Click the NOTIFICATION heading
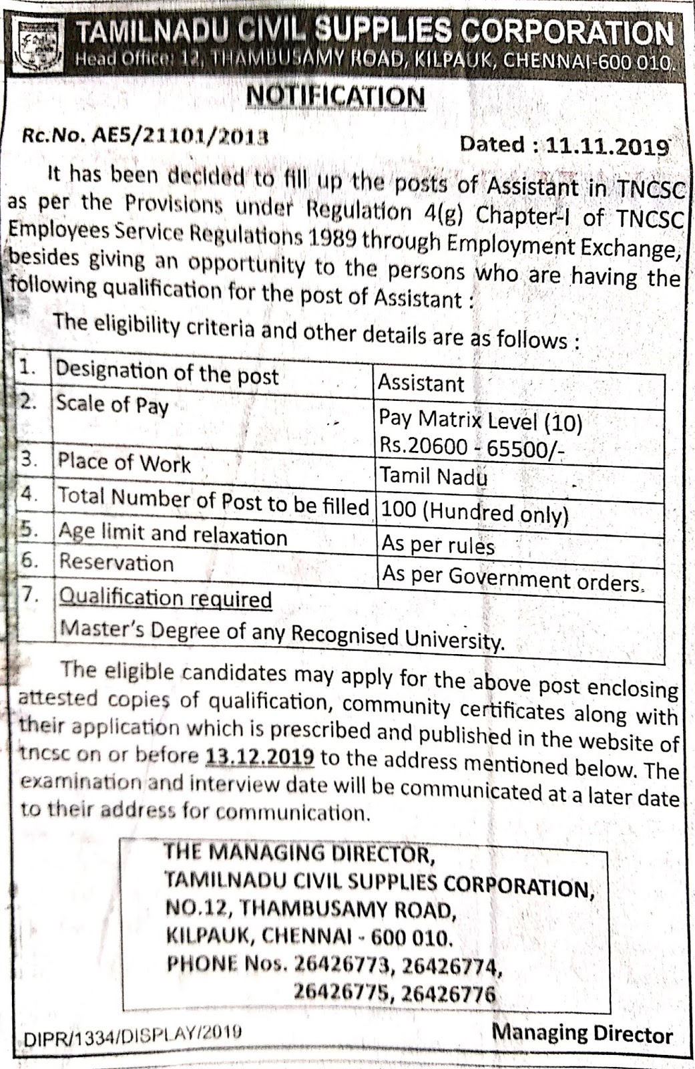point(335,96)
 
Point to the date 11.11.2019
point(608,146)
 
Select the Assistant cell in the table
point(421,384)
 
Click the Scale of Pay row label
point(112,405)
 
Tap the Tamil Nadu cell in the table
point(434,476)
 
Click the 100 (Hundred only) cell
point(474,512)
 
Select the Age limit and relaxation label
point(172,534)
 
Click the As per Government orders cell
point(511,579)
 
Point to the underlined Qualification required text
point(166,598)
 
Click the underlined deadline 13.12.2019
point(260,757)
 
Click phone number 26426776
point(449,994)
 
